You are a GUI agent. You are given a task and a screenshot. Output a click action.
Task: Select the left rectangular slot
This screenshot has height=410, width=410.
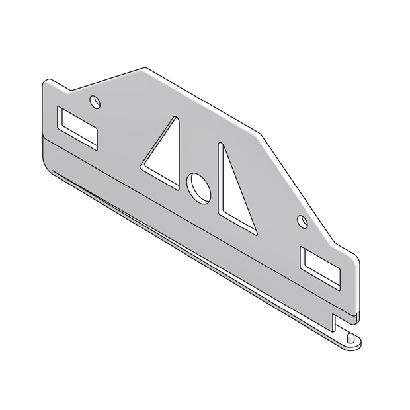coord(77,127)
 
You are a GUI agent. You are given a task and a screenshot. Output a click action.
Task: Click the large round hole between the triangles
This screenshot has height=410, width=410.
coord(198,186)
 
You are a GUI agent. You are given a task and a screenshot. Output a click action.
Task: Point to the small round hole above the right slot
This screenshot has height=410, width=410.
coord(302,220)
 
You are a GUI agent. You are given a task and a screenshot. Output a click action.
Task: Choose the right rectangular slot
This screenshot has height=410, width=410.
coord(320,265)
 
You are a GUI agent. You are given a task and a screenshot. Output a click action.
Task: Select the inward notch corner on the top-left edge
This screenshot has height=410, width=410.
coord(71,91)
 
